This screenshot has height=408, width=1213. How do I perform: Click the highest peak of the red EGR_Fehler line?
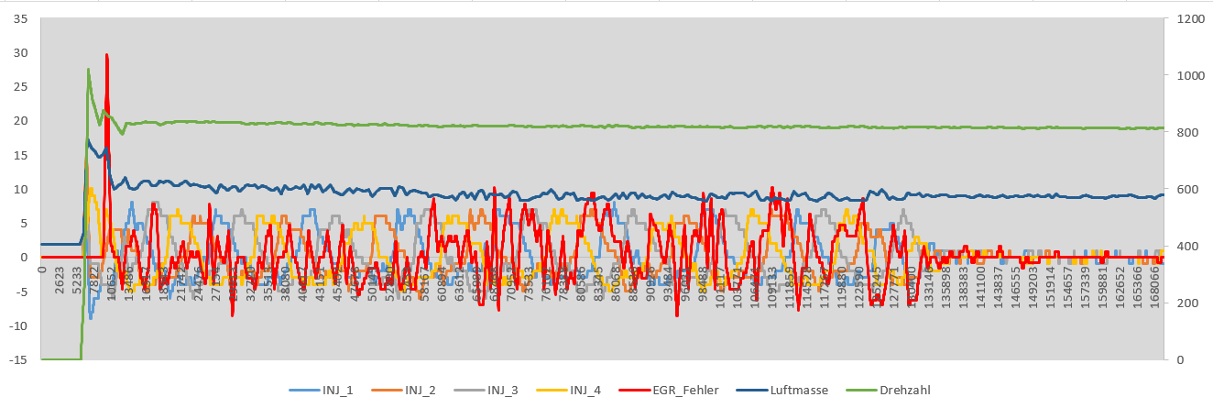[106, 55]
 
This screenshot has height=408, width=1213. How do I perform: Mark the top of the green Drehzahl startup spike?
[88, 69]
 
